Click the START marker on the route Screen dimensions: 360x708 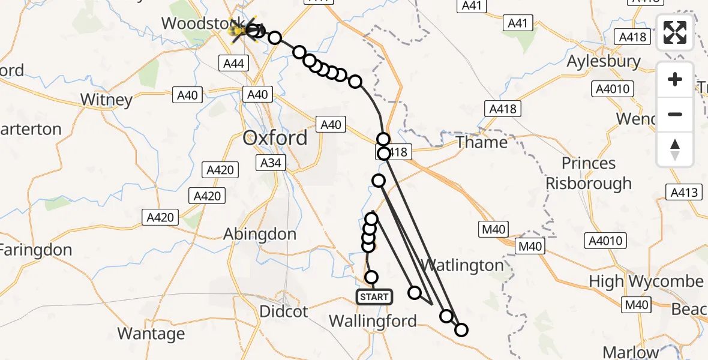(374, 296)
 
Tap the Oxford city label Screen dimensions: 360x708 (275, 138)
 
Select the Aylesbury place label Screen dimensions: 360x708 (604, 61)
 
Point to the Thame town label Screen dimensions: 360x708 (481, 142)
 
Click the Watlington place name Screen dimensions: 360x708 (462, 265)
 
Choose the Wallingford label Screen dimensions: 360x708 (373, 321)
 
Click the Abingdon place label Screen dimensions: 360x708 (260, 234)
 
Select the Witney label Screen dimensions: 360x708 (106, 100)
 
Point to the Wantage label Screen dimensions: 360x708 (151, 333)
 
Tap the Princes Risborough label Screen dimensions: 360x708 (589, 173)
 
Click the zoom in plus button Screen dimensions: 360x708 (675, 79)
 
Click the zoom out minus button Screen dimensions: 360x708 (675, 114)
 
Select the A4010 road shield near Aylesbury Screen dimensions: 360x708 (612, 89)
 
